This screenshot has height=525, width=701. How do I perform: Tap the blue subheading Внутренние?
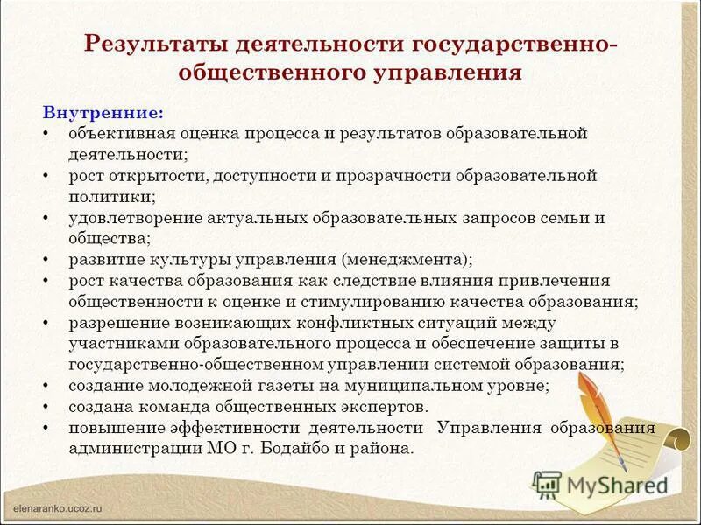point(103,114)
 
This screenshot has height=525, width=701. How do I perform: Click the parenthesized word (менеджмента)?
point(407,260)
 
